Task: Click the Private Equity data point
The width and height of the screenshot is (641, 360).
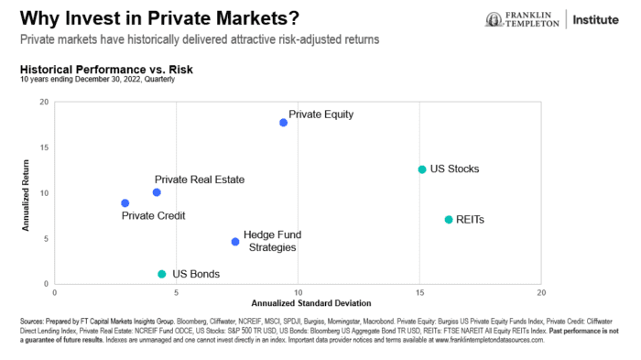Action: click(x=284, y=123)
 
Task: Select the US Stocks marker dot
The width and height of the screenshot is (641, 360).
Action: click(x=421, y=169)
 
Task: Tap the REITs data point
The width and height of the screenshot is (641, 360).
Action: click(x=448, y=220)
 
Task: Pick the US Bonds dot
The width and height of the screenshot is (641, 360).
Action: click(x=161, y=274)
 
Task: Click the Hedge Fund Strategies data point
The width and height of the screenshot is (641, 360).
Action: click(x=235, y=242)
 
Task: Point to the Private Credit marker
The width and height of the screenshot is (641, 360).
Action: click(x=125, y=203)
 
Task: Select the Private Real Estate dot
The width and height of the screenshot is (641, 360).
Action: click(x=157, y=192)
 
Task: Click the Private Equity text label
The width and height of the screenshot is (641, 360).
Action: click(x=320, y=115)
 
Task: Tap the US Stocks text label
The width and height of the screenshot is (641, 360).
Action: click(x=455, y=169)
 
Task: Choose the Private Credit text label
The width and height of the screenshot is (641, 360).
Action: click(x=154, y=216)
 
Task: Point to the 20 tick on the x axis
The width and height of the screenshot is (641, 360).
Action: click(x=541, y=293)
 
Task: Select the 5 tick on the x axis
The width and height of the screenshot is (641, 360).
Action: click(x=176, y=293)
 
